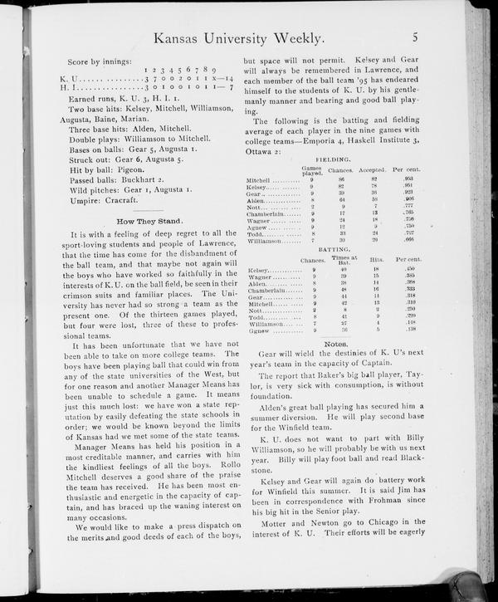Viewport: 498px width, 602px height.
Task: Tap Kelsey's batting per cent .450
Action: pos(409,270)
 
